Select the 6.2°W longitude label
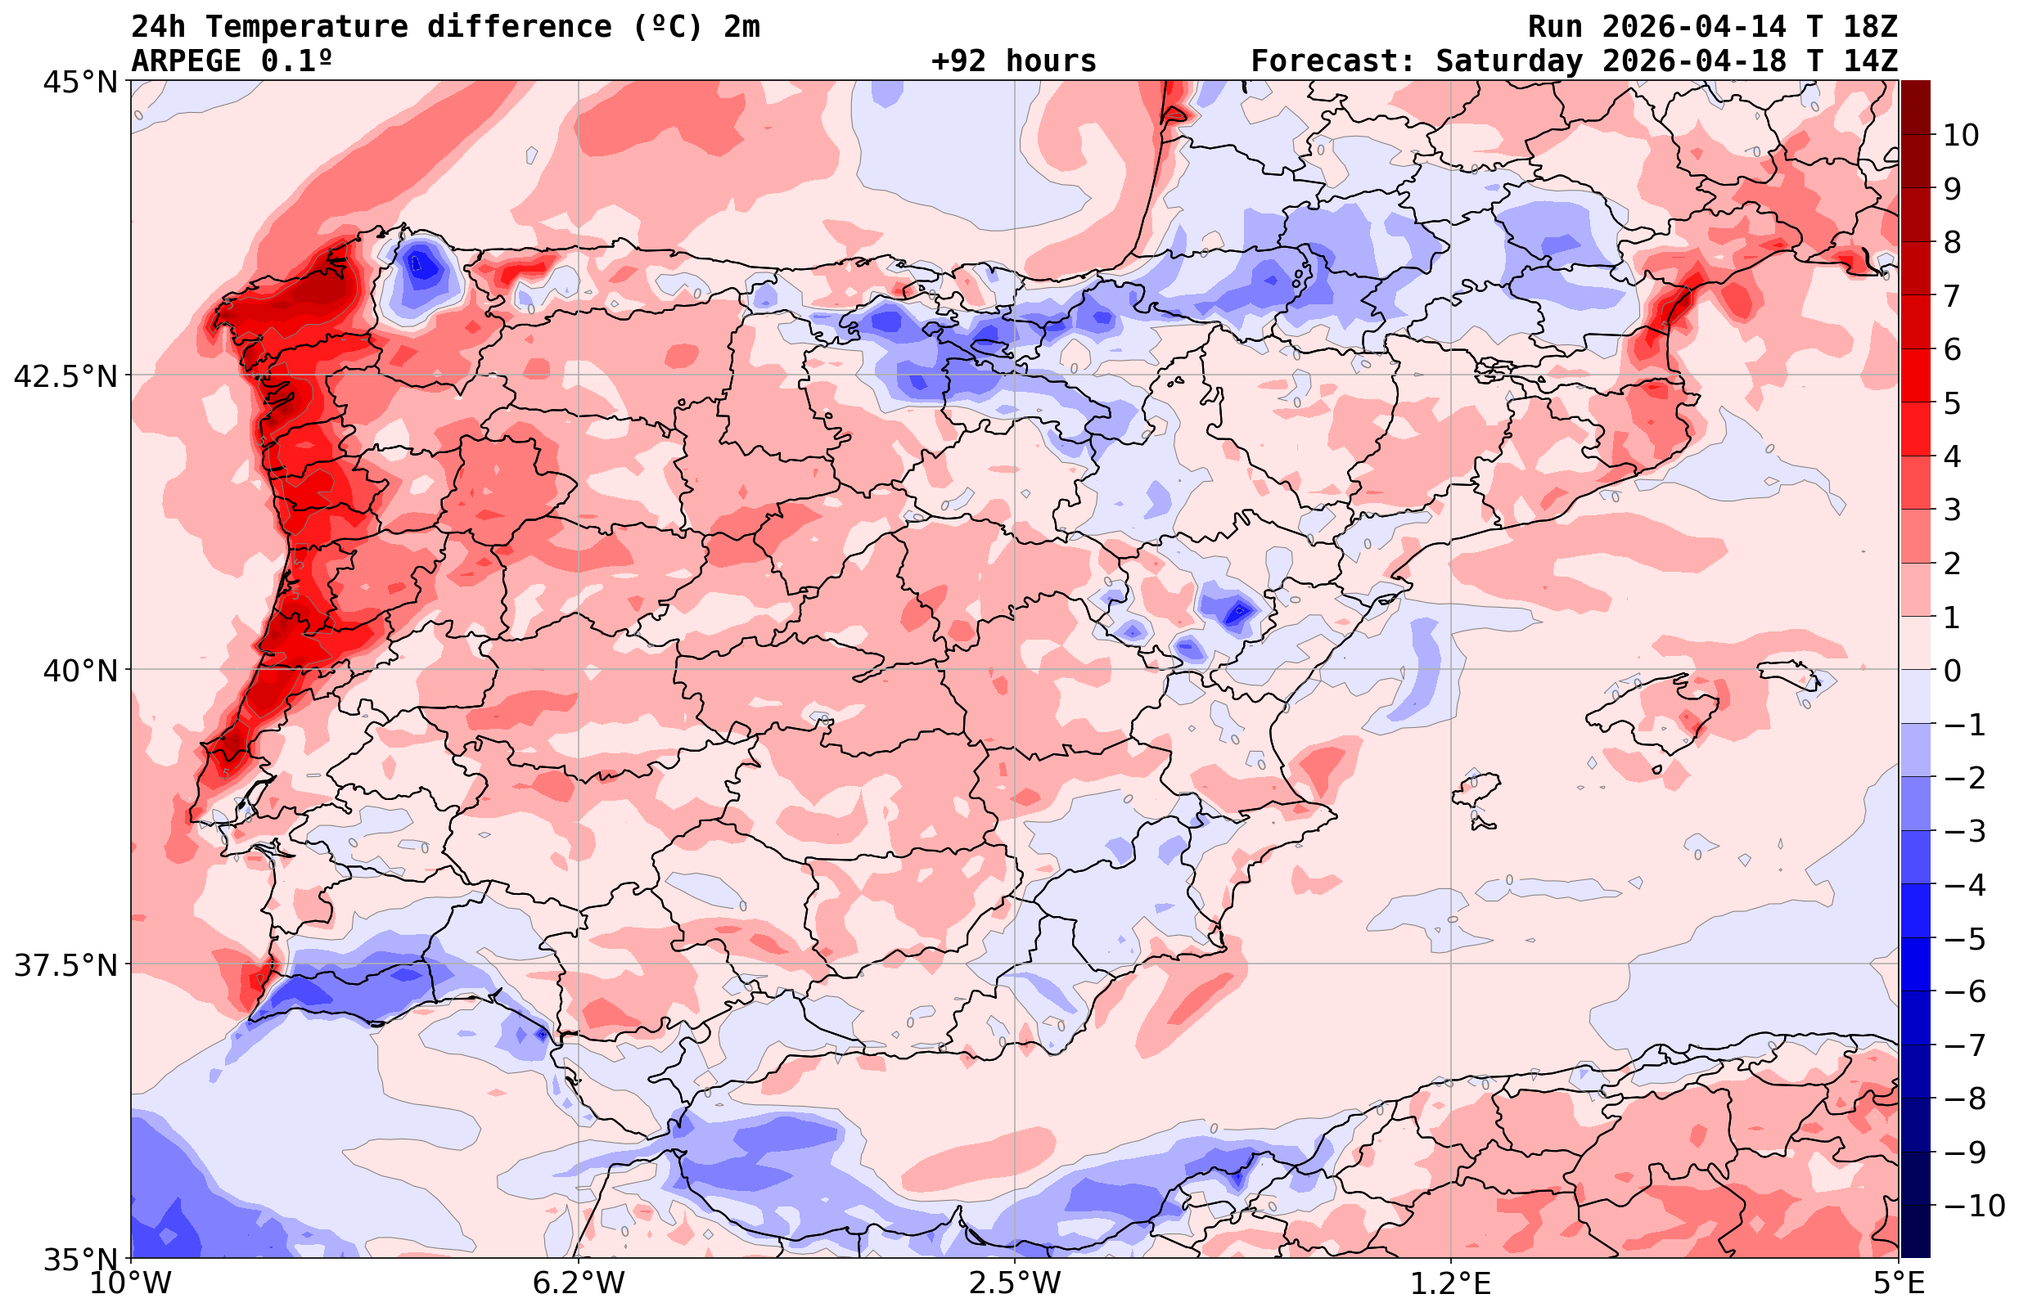pyautogui.click(x=579, y=1283)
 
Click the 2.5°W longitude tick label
pyautogui.click(x=1015, y=1283)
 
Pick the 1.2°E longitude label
pyautogui.click(x=1451, y=1283)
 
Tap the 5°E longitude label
pyautogui.click(x=1899, y=1283)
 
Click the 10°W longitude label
pyautogui.click(x=131, y=1283)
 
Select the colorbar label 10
pyautogui.click(x=1960, y=135)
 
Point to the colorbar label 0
pyautogui.click(x=1952, y=671)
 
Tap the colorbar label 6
pyautogui.click(x=1952, y=349)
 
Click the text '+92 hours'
pyautogui.click(x=1014, y=61)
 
